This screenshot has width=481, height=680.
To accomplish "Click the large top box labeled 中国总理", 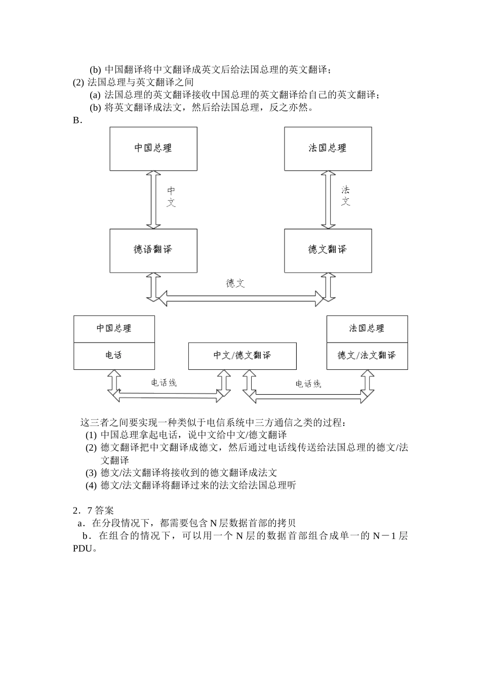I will (x=153, y=148).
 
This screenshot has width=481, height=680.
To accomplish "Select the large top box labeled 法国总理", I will (x=328, y=148).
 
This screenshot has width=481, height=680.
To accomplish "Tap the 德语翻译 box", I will (x=153, y=250).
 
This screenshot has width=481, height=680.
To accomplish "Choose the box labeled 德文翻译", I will (x=328, y=250).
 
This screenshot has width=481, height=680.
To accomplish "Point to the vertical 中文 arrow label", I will (x=171, y=197).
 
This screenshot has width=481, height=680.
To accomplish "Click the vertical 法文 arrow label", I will (x=345, y=196).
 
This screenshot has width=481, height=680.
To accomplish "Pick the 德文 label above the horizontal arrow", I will (x=235, y=283).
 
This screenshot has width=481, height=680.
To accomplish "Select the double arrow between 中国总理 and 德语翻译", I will (x=153, y=199).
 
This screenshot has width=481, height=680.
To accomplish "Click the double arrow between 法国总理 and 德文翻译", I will (x=328, y=199).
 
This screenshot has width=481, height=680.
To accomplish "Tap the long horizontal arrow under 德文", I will (x=241, y=299).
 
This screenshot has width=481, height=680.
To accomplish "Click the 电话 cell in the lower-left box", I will (x=114, y=356).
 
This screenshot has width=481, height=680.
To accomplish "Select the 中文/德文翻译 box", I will (x=242, y=356).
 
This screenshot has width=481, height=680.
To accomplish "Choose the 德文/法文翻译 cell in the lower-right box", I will (x=367, y=356).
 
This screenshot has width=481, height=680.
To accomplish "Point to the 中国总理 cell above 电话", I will (x=114, y=328).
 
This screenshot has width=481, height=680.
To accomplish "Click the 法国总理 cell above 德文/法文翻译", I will (x=367, y=328).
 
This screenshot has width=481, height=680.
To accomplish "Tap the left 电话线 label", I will (x=164, y=383).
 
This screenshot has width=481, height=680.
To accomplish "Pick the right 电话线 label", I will (x=308, y=384).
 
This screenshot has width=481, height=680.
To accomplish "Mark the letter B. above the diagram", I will (x=77, y=120).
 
